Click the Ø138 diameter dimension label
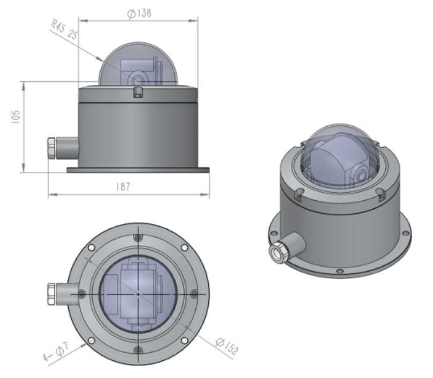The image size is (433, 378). tap(138, 13)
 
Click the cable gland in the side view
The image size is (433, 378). tap(52, 149)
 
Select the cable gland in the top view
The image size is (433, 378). tap(53, 294)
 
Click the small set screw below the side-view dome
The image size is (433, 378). tap(138, 94)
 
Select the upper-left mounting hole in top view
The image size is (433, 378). tap(92, 248)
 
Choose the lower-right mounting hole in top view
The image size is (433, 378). tap(185, 340)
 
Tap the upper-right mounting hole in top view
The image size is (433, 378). tap(185, 248)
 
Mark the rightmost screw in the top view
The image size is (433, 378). tap(194, 294)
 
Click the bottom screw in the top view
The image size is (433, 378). tap(138, 350)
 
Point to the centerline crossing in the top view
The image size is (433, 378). tap(138, 294)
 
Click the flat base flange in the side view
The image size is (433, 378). tap(138, 170)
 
